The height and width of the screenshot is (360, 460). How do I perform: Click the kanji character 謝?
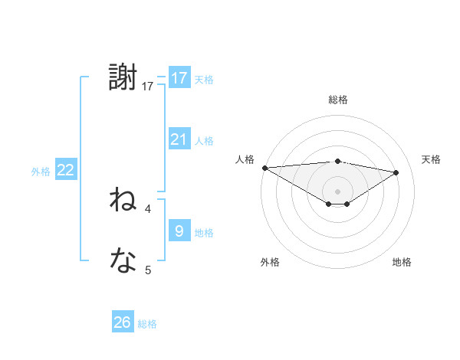click(123, 78)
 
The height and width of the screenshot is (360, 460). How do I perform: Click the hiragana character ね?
click(123, 201)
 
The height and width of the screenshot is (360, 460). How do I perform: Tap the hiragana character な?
click(123, 262)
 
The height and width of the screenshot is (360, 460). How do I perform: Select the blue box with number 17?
click(179, 78)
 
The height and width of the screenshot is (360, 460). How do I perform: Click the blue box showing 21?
click(179, 139)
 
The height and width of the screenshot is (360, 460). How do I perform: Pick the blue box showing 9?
click(179, 231)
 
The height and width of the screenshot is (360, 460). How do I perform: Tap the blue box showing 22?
click(65, 170)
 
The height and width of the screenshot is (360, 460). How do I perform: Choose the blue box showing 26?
click(122, 322)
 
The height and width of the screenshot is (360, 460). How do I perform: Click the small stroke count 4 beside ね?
click(148, 208)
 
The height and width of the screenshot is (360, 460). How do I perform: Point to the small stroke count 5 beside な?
click(148, 270)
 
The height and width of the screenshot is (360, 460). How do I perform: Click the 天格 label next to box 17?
click(204, 79)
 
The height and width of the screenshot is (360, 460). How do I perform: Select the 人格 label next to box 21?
click(204, 141)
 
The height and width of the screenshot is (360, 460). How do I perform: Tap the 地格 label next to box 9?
click(204, 233)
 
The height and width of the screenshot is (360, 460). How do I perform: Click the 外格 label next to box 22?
click(41, 172)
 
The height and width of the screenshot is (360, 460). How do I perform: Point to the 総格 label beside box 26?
click(147, 324)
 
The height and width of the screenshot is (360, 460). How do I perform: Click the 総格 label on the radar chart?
click(337, 100)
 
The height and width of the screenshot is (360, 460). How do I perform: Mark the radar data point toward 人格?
click(264, 168)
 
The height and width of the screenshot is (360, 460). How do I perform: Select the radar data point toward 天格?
click(396, 172)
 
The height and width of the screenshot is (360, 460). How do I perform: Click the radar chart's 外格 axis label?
click(270, 262)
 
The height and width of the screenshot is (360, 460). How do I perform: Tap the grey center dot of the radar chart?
click(337, 191)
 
